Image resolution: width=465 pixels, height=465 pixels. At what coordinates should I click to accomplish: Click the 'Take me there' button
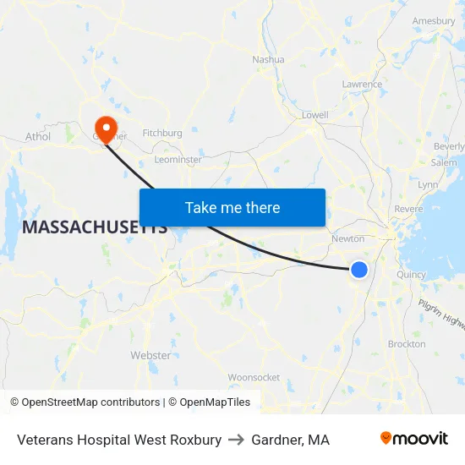232,207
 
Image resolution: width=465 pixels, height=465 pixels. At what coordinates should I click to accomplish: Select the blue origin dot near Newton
359,269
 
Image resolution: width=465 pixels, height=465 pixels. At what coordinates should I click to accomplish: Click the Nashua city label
268,59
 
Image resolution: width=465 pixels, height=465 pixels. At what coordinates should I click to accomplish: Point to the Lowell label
315,114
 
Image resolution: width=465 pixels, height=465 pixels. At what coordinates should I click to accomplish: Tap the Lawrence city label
362,84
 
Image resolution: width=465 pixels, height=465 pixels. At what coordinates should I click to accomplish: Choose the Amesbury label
434,20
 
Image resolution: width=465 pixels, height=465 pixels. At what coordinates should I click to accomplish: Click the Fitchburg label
162,133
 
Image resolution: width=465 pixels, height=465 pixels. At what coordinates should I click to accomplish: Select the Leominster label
178,159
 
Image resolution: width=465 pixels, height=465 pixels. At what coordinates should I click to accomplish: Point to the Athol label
38,136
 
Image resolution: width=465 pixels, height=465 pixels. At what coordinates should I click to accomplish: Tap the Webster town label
150,355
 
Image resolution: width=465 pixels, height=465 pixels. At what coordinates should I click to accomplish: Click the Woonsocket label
254,377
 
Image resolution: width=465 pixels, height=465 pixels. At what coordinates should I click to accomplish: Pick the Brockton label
407,344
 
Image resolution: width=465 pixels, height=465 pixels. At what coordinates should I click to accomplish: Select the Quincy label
412,274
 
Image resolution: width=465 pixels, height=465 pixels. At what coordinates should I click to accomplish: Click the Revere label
409,209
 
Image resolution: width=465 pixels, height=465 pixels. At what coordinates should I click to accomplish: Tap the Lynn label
428,184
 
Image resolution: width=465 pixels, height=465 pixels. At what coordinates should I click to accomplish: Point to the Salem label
444,162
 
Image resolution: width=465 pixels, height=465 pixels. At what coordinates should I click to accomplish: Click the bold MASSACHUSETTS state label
94,227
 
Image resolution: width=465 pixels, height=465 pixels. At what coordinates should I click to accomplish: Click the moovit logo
413,438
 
